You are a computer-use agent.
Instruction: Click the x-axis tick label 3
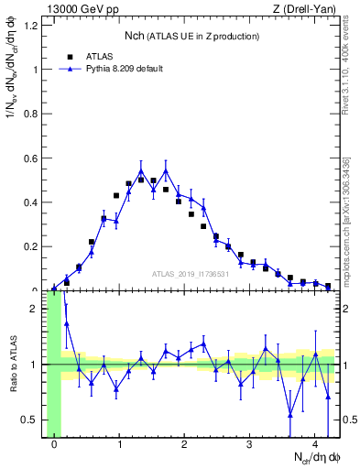tap(250, 446)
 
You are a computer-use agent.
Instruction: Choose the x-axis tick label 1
tap(120, 446)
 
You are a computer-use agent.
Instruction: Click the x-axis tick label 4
tap(315, 446)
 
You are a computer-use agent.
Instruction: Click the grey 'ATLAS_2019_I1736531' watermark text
tap(191, 274)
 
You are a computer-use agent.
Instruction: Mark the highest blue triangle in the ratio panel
tap(66, 323)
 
